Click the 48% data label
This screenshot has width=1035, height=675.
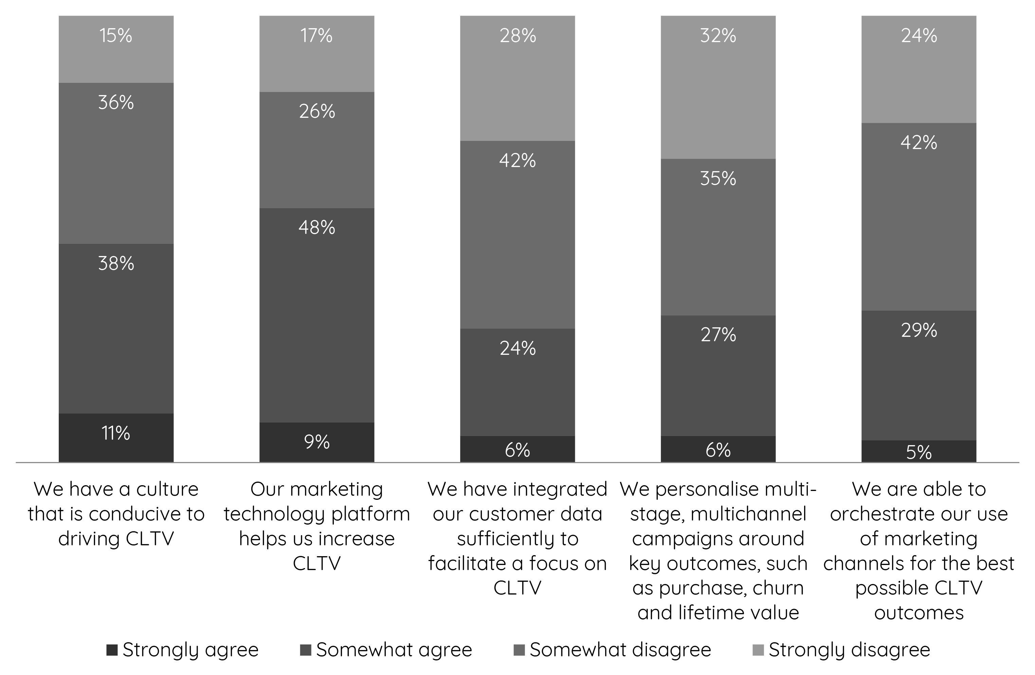point(316,227)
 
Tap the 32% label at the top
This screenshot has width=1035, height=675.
point(718,36)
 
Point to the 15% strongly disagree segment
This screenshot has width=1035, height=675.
point(116,49)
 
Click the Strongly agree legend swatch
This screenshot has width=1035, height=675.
point(112,650)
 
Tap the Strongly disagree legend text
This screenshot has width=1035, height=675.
point(849,650)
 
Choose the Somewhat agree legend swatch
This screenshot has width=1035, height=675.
point(306,650)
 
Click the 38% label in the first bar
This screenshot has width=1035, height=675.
point(116,263)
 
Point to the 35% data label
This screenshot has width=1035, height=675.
point(718,179)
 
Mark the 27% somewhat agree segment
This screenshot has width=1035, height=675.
point(718,375)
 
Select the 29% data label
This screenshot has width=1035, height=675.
point(919,331)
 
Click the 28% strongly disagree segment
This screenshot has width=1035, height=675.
point(517,78)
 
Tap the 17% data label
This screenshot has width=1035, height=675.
point(316,36)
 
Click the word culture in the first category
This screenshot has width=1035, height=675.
point(167,490)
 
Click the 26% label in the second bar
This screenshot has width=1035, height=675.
point(316,112)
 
